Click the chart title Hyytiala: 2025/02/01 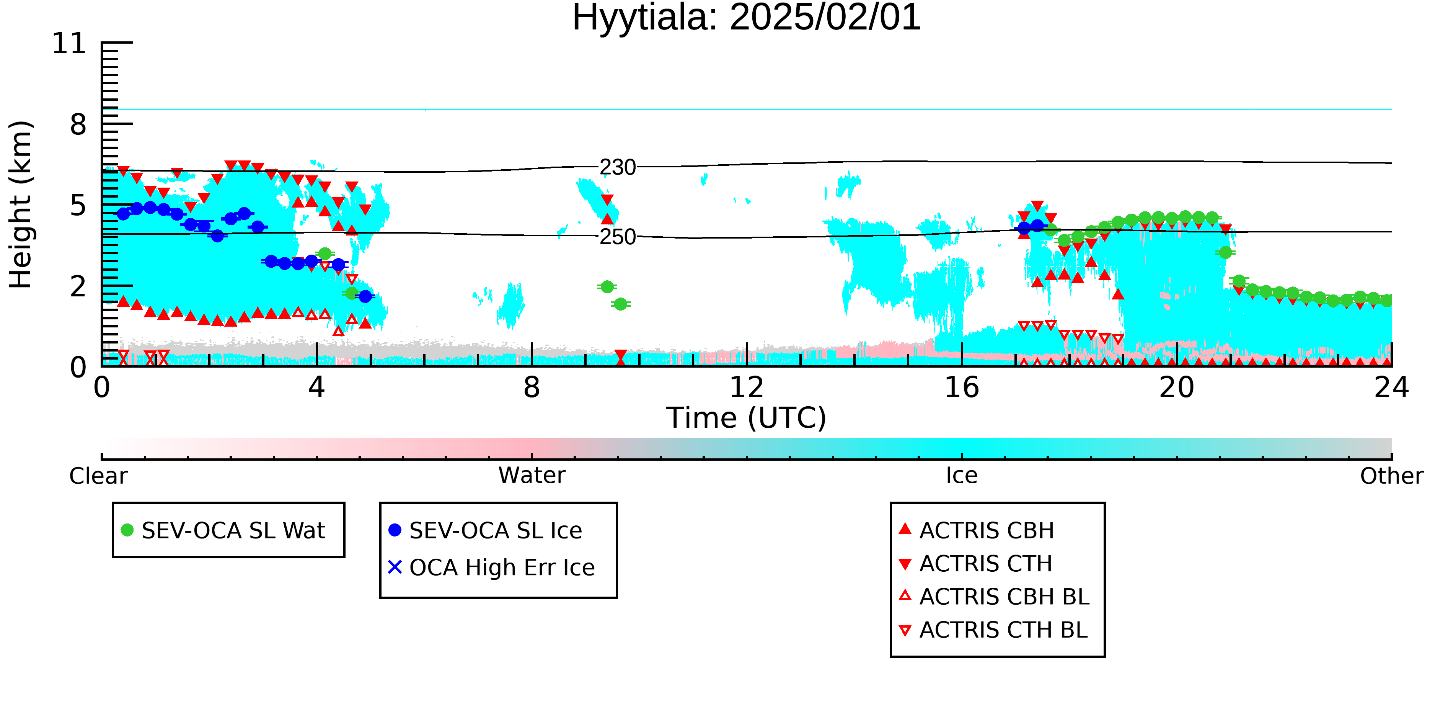point(747,18)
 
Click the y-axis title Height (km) point(21,204)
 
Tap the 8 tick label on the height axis point(78,124)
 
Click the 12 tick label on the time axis point(747,388)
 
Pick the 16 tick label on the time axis point(962,388)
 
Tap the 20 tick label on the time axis point(1177,388)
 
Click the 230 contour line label point(618,167)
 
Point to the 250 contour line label point(618,237)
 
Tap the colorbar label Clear point(98,476)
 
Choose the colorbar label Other point(1391,476)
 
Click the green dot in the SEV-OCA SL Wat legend point(127,530)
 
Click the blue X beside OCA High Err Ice point(395,567)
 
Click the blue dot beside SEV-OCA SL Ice point(395,530)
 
